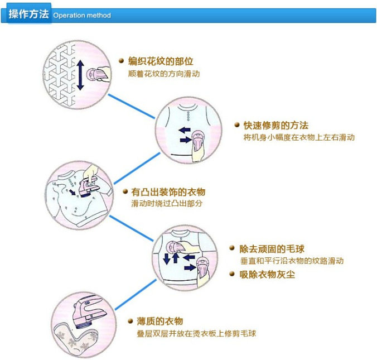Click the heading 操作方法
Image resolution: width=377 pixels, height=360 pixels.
point(28,14)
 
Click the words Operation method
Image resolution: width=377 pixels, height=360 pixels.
point(82,16)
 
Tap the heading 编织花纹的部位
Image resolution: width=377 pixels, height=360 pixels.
point(161,61)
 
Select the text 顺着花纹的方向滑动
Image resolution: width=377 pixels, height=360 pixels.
point(163,74)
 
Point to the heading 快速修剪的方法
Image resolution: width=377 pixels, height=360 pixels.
point(275,125)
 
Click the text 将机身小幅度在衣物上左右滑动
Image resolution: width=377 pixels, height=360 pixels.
point(299,137)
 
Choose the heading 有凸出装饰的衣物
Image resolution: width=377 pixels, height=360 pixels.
point(168,192)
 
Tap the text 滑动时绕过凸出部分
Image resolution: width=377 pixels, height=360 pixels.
point(167,204)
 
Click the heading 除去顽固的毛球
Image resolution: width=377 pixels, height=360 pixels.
point(272,248)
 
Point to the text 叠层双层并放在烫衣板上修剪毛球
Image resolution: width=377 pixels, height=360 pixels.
point(196,333)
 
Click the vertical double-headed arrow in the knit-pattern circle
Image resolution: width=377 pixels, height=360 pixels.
point(80,76)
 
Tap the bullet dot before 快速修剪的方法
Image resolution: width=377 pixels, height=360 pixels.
point(237,125)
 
